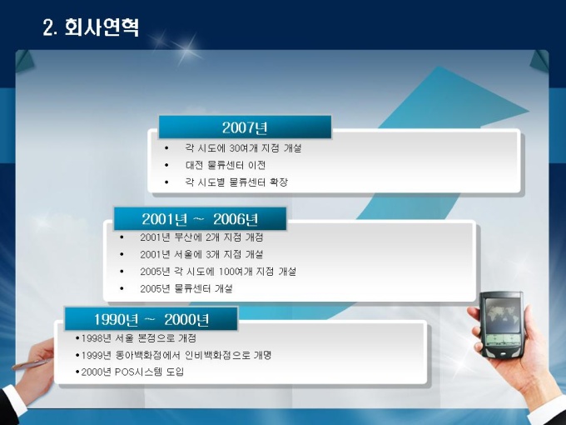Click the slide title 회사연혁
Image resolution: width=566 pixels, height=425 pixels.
(102, 27)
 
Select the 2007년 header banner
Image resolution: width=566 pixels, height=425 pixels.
(245, 127)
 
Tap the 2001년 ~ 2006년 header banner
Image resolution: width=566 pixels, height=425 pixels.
(200, 218)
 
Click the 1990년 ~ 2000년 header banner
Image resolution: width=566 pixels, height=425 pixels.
(151, 318)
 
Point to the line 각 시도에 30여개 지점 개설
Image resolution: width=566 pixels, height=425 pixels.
(243, 147)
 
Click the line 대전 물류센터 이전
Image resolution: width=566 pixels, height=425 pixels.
(226, 165)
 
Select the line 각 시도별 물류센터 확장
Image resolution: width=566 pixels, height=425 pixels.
(236, 182)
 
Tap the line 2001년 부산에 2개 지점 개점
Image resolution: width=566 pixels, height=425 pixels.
(201, 237)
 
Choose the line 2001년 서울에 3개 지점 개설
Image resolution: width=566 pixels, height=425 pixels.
(201, 254)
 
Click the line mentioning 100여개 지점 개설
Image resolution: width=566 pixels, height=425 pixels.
(218, 271)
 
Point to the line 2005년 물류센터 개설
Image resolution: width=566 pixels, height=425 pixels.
(186, 288)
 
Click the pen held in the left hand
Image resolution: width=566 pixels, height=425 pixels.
(32, 364)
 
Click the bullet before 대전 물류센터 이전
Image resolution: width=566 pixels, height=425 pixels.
(166, 165)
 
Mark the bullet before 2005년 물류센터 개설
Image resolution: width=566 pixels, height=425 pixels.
(122, 288)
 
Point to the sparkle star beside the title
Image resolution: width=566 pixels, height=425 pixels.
(186, 49)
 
